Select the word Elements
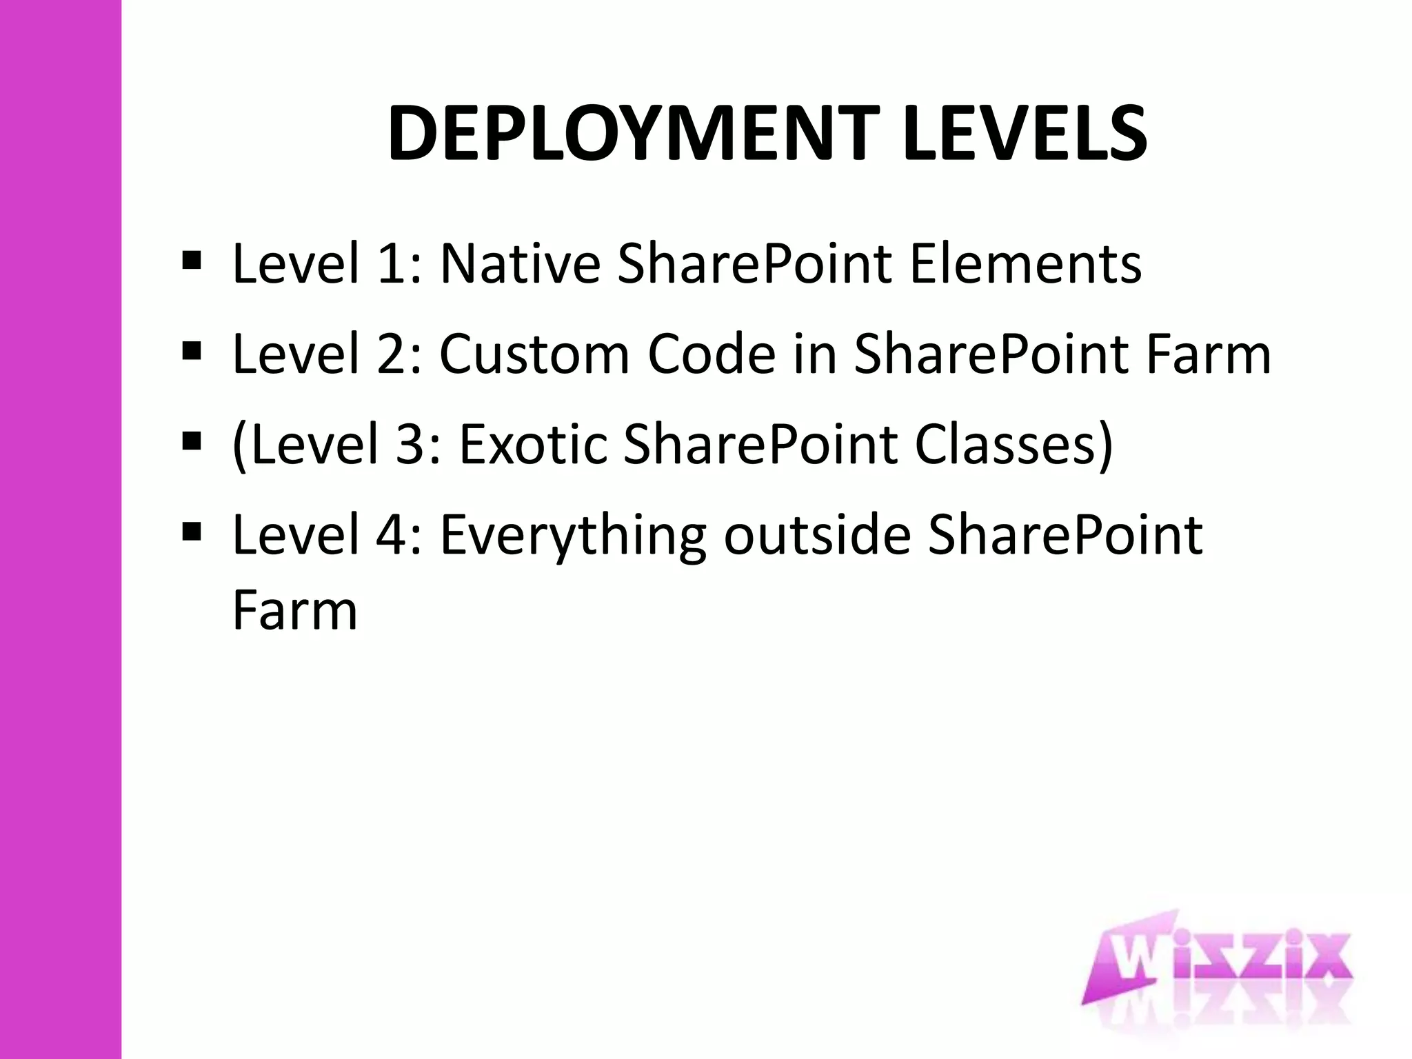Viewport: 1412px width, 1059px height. point(1025,263)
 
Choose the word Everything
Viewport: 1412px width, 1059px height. point(573,536)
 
